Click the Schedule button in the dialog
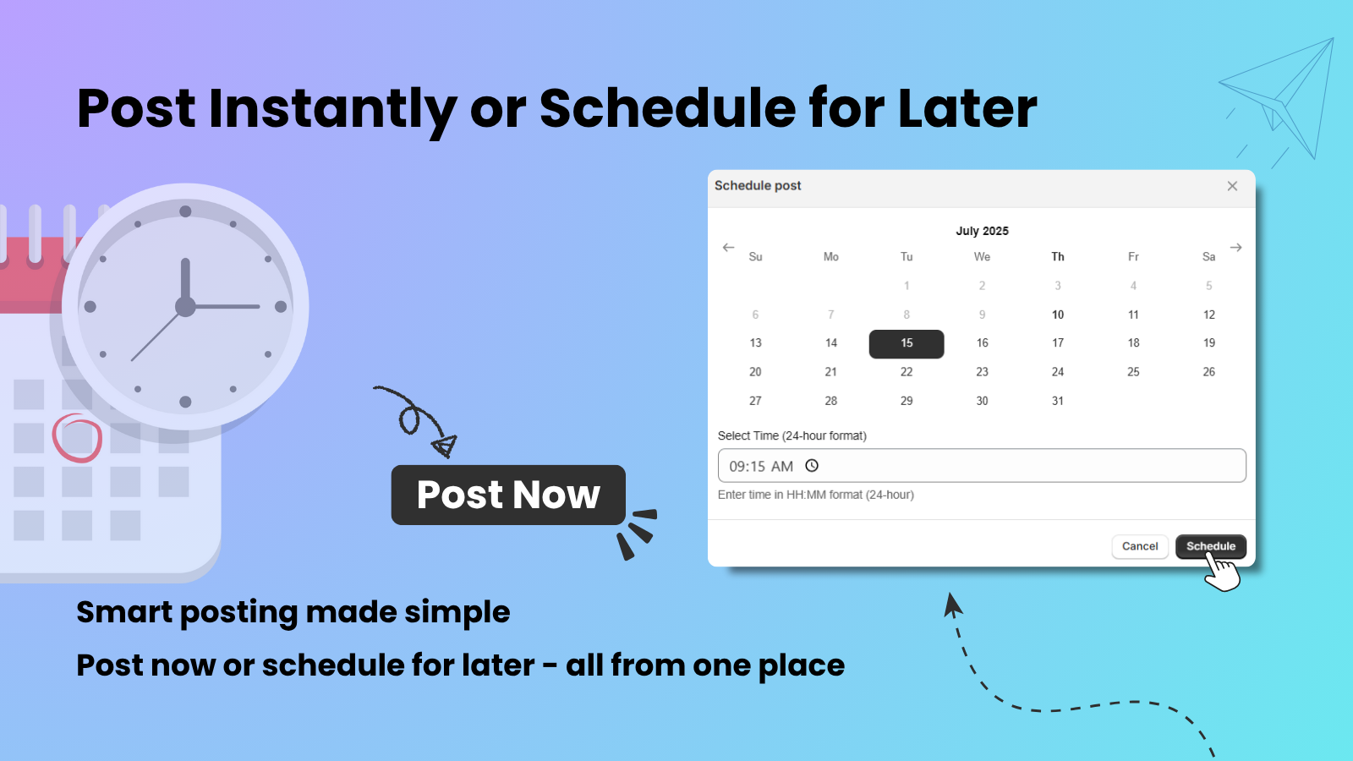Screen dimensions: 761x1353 coord(1210,546)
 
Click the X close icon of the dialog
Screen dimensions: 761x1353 coord(1232,186)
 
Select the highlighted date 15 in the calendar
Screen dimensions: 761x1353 coord(907,343)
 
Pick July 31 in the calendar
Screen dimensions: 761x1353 coord(1057,401)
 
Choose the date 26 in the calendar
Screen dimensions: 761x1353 coord(1208,372)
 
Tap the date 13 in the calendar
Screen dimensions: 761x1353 coord(755,343)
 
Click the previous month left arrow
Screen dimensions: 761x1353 coord(728,248)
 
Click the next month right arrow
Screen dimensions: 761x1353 coord(1235,248)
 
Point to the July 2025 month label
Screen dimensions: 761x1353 coord(982,231)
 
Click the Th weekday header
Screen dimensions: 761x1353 coord(1057,257)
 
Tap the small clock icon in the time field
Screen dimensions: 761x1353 coord(812,466)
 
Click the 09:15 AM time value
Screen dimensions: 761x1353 coord(761,467)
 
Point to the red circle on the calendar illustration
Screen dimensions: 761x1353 coord(77,438)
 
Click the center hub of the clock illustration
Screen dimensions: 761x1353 coord(185,306)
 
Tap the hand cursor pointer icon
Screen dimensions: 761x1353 coord(1222,572)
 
